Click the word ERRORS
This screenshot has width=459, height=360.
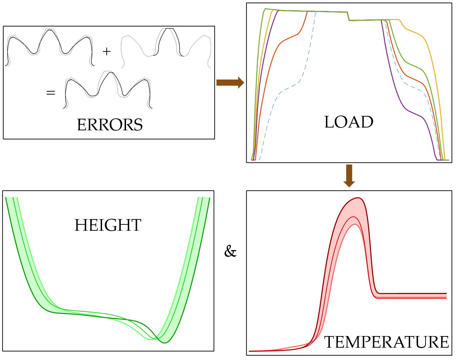point(110,125)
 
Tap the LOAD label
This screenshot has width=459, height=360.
point(348,122)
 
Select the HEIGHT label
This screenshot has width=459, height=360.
point(108,225)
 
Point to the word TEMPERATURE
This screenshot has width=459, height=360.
point(386,342)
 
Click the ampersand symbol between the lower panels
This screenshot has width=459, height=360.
point(230,252)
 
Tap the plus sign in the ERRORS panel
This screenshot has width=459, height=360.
point(107,51)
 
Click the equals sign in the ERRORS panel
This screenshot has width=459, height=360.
point(51,93)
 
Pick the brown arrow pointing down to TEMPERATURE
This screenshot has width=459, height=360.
point(349,175)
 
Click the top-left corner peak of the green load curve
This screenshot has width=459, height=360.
point(265,9)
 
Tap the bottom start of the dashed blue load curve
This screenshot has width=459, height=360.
point(259,160)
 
